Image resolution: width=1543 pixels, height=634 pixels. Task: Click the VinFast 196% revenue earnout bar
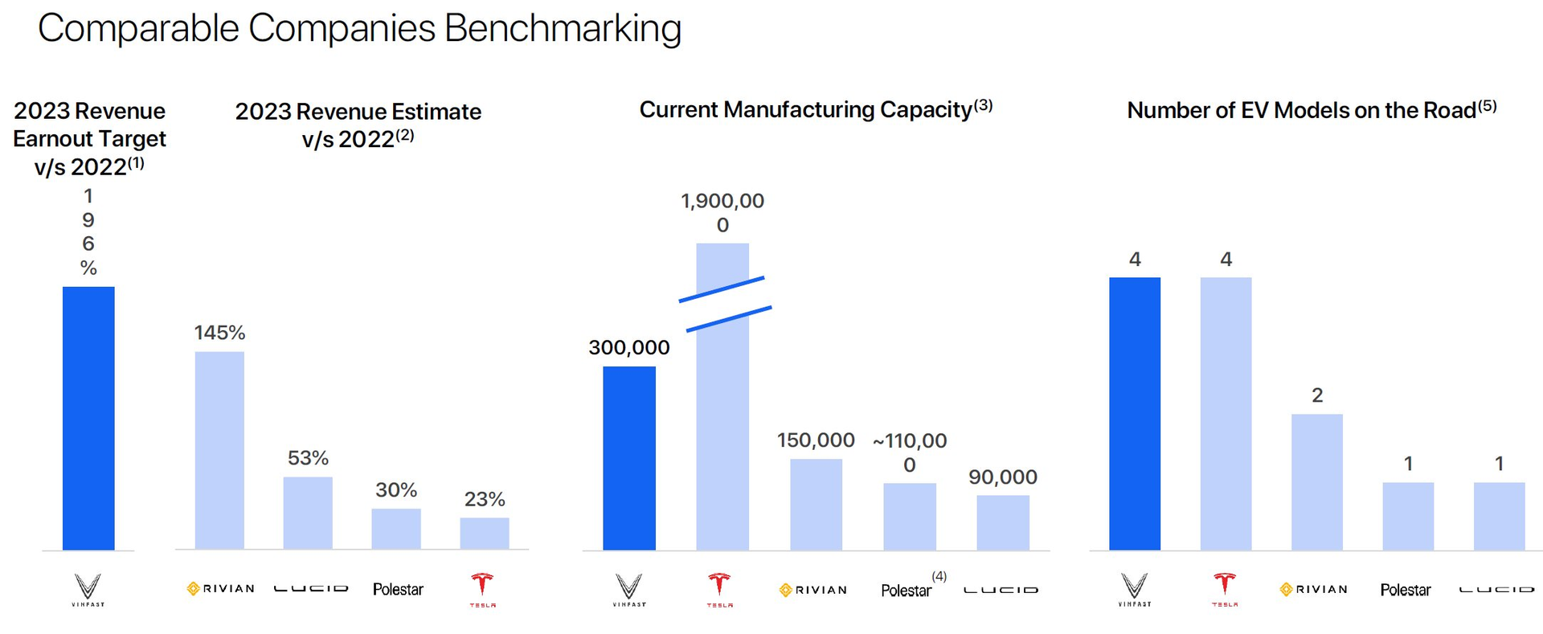point(88,418)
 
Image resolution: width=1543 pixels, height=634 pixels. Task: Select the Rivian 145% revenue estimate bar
point(219,450)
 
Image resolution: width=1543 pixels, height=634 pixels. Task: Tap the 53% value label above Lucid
point(308,458)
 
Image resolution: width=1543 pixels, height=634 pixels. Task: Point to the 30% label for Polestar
point(396,490)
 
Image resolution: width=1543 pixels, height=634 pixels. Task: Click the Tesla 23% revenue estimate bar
point(484,534)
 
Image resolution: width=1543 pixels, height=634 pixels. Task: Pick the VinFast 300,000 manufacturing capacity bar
point(629,458)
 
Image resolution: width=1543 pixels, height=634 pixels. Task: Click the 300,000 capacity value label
point(629,348)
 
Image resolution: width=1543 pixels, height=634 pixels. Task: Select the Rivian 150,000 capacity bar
point(816,505)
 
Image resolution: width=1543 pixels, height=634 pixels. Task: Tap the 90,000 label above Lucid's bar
point(1002,477)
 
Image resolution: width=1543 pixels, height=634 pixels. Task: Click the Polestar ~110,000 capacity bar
point(909,517)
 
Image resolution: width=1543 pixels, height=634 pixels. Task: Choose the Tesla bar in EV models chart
point(1226,414)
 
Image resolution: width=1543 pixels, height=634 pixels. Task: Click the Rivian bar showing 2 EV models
point(1316,482)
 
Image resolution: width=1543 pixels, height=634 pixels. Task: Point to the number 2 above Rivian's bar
point(1317,395)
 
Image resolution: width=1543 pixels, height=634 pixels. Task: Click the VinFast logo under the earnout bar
point(88,589)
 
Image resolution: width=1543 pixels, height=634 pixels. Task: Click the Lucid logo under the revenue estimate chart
point(310,589)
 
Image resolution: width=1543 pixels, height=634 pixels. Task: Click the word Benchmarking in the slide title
point(563,29)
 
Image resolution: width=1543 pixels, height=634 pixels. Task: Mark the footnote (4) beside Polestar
point(939,576)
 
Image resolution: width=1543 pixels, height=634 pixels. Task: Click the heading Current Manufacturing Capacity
point(805,109)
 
